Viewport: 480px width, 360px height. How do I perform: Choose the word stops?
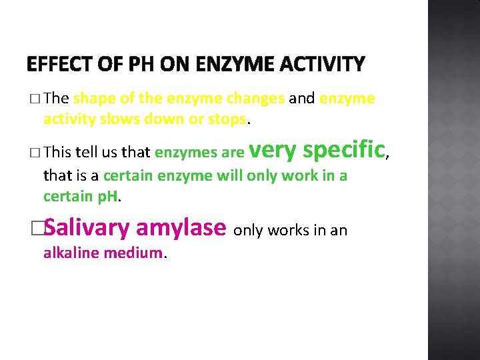tap(227, 119)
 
